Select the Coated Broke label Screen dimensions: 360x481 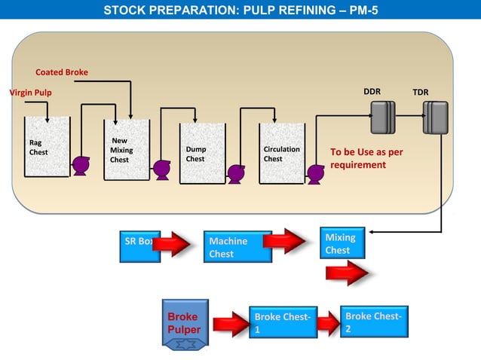62,72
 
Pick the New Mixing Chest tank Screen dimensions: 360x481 127,150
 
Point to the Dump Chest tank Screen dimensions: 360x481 203,154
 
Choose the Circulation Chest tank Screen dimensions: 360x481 281,154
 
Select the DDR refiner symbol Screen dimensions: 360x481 382,117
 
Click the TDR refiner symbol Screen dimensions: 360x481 435,117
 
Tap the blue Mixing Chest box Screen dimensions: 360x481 347,243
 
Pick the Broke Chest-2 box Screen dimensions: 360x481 375,322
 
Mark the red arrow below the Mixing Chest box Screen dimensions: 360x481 347,273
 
